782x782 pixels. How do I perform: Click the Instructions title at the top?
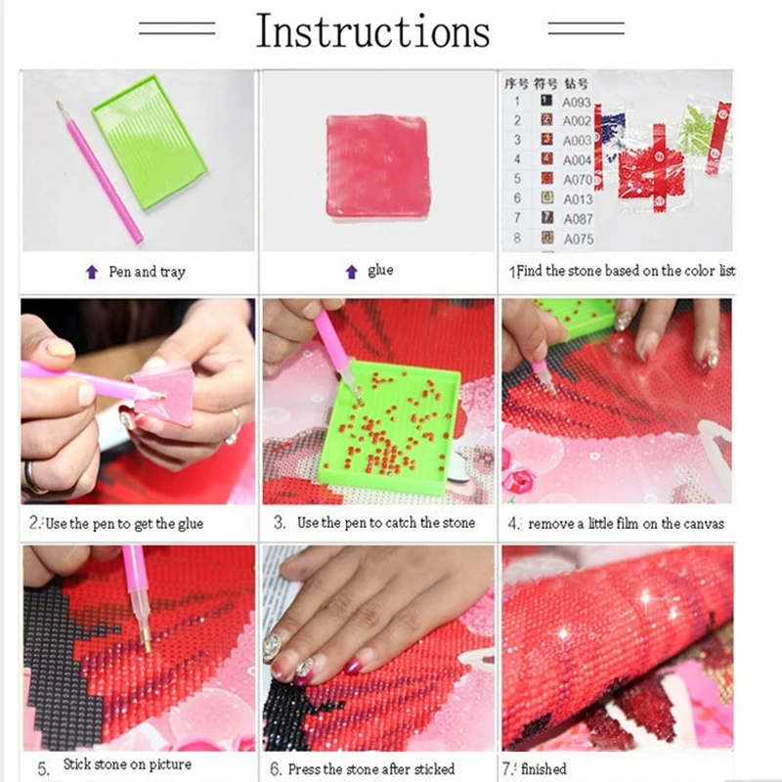[x=372, y=31]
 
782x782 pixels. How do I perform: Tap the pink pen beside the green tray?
[x=98, y=171]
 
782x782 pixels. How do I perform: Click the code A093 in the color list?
[x=577, y=102]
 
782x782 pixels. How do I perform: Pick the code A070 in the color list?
[x=577, y=180]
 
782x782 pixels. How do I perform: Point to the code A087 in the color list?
[x=577, y=219]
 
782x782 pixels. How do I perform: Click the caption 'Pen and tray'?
[x=146, y=272]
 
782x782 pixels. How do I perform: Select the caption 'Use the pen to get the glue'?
[x=123, y=524]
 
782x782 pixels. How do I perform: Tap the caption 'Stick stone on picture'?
[x=127, y=764]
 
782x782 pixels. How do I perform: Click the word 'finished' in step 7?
[x=544, y=768]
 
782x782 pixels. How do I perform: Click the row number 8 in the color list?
[x=518, y=238]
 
